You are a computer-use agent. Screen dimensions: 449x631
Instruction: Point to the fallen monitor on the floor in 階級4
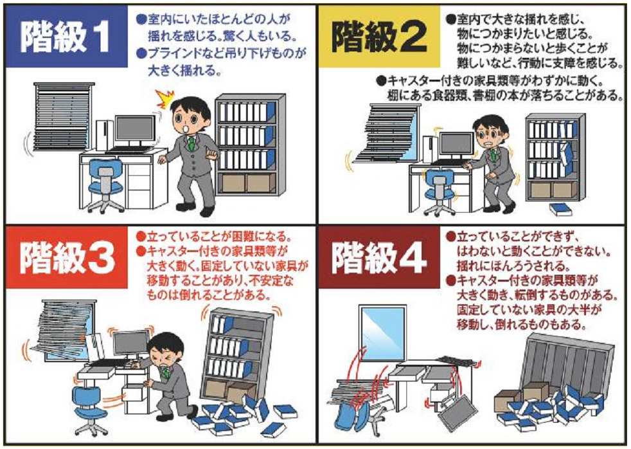tap(457, 412)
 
